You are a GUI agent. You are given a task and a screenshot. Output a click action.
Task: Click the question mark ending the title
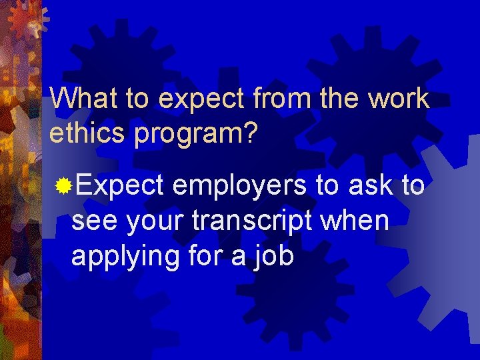pos(249,133)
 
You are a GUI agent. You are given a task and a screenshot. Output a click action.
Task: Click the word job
pos(275,257)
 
